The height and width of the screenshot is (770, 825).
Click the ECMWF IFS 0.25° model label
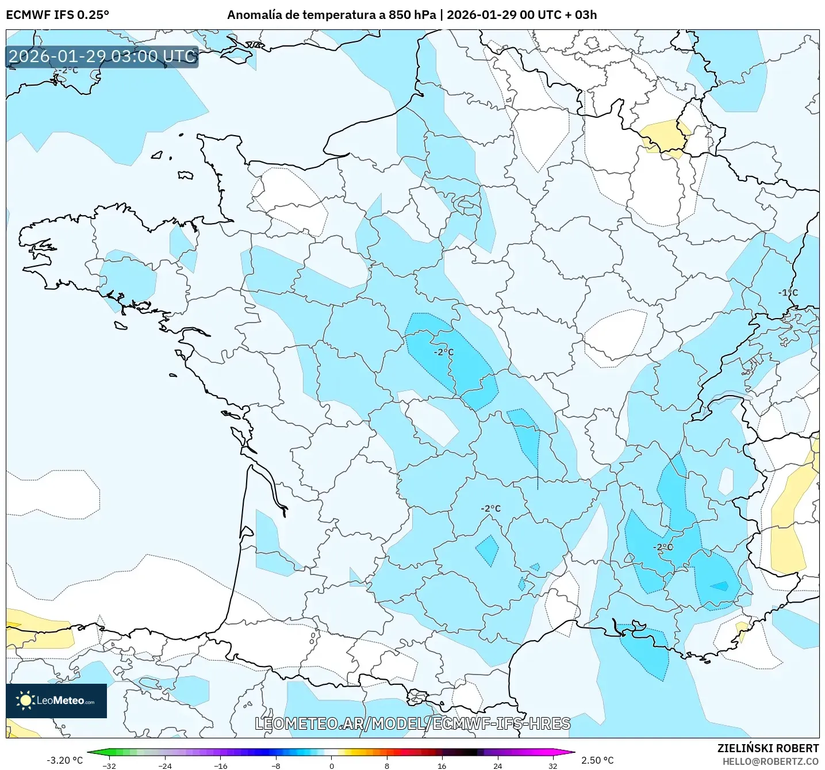57,15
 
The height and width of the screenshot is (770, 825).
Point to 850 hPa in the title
412,15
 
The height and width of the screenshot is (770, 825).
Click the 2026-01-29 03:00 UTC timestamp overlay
102,56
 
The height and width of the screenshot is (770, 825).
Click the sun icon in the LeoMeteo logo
25,700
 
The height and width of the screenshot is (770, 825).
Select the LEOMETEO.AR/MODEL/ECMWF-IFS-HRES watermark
412,723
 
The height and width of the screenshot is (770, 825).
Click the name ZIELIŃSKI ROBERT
768,748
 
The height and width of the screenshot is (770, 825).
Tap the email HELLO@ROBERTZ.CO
770,761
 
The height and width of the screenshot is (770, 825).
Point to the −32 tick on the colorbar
109,765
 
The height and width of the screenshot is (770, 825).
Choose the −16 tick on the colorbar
221,765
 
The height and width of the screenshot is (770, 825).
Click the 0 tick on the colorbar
332,765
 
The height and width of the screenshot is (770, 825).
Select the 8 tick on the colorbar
387,765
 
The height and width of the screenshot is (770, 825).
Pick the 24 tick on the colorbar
498,765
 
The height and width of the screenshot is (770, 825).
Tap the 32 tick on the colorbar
553,765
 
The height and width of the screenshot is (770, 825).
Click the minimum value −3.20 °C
64,760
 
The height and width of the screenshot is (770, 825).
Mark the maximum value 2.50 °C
597,760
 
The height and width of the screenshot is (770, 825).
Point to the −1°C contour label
788,293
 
